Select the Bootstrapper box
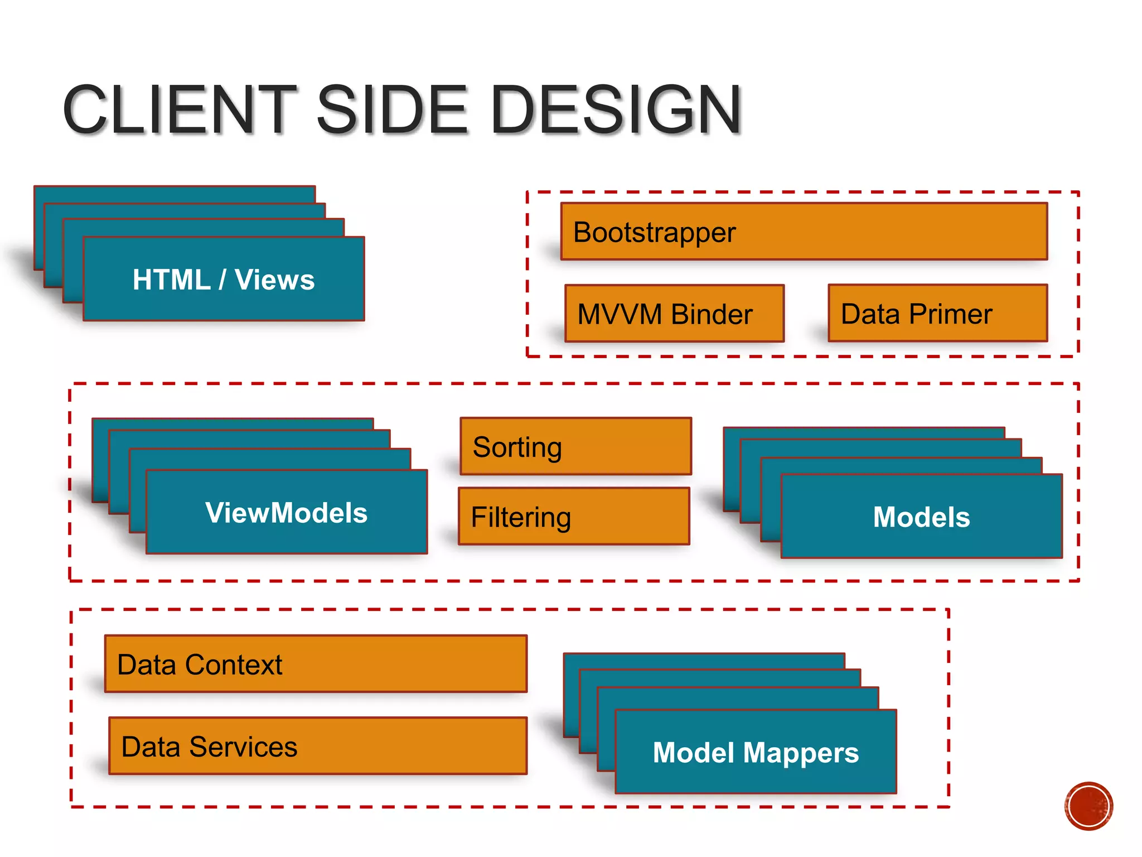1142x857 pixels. (x=804, y=232)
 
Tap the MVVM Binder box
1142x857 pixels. (x=674, y=314)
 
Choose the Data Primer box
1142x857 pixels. (x=937, y=314)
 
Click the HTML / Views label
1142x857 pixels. (x=224, y=280)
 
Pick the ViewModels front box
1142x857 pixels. (x=287, y=512)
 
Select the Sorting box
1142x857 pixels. (x=575, y=446)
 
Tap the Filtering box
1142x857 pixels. (x=574, y=517)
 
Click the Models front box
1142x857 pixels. (x=921, y=517)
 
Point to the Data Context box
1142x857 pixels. (x=316, y=664)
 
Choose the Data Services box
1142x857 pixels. (x=318, y=746)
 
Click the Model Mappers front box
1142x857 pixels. (x=756, y=752)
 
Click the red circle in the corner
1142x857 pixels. (x=1088, y=806)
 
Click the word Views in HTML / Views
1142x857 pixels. (x=274, y=280)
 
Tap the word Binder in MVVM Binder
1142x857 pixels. (x=712, y=314)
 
